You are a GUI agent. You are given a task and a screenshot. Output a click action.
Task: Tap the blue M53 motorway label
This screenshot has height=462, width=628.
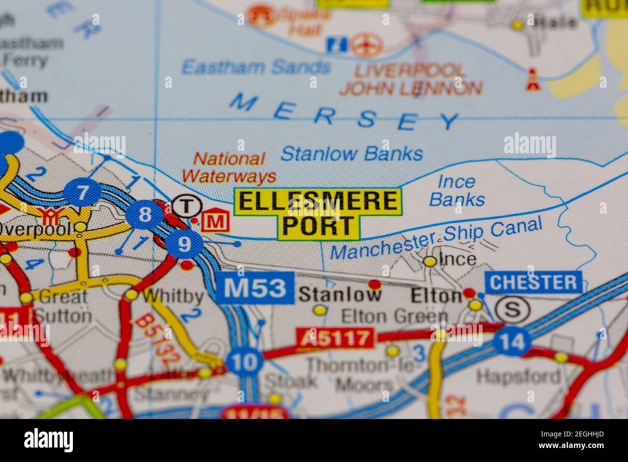coord(255,288)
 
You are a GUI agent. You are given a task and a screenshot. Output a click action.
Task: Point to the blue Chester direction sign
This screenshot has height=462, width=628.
coord(533,282)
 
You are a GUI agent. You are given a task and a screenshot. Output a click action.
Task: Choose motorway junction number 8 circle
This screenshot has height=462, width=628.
coord(144,215)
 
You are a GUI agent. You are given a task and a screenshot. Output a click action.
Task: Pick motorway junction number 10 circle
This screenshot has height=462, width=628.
coord(245,361)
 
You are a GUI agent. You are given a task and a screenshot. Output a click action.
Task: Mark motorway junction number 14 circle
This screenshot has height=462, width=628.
coord(513,342)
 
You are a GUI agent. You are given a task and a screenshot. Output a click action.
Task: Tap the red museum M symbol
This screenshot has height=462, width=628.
coord(215,222)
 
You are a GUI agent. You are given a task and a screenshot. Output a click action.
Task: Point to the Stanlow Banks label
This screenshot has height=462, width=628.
coord(352,154)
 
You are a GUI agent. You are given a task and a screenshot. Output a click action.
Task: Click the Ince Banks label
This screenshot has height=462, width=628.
coord(457,190)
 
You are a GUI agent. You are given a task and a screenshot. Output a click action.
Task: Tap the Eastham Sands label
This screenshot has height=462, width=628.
coord(256,67)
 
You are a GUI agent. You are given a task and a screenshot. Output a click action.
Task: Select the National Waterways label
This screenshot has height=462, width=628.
coord(229,167)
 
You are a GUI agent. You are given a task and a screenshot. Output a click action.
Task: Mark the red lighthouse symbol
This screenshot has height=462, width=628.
coord(532,79)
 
